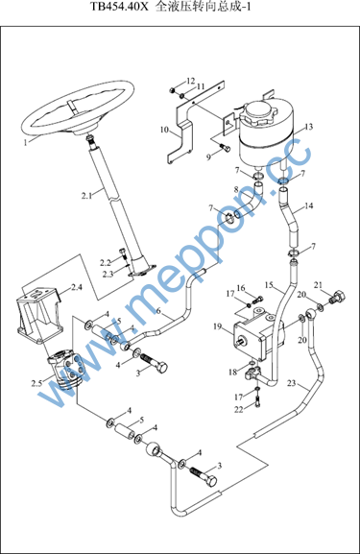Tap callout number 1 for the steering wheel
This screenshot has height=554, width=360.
point(25,143)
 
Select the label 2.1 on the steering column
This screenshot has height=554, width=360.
point(87,195)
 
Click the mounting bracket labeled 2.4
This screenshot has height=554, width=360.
point(38,316)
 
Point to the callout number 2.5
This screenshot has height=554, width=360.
point(36,383)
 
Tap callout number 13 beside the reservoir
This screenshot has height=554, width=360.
point(309,127)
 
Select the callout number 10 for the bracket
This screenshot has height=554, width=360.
point(164,130)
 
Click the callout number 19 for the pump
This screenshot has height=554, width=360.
point(218,326)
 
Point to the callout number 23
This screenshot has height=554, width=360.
point(291,383)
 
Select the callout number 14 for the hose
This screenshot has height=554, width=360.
point(309,205)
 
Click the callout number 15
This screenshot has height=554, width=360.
point(269,285)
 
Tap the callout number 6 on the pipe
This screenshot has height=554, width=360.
point(158,311)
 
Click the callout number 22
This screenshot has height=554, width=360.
point(239,409)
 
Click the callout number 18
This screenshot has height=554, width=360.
point(232,372)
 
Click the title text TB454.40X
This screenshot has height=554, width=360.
point(119,7)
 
